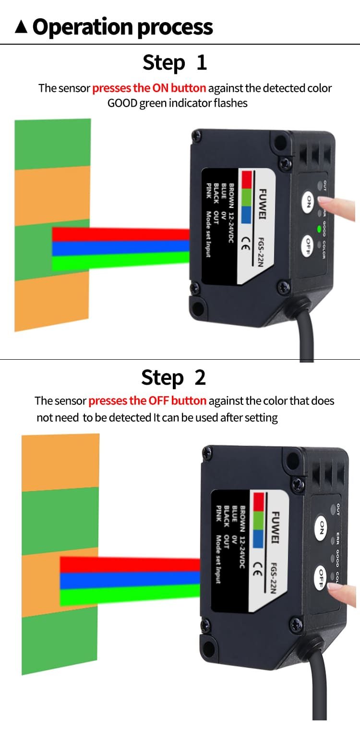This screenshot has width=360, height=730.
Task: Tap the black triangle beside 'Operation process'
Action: (21, 27)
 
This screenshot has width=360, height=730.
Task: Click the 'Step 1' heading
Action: (175, 62)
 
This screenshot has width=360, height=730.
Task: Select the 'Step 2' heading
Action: (173, 377)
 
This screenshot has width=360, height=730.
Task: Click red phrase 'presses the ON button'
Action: (149, 88)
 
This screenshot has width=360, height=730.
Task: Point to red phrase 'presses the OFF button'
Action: (147, 401)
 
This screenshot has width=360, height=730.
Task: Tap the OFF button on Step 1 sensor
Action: (307, 246)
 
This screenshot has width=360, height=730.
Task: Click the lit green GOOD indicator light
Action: (319, 229)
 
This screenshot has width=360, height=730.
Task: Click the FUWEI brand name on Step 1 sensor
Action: (263, 204)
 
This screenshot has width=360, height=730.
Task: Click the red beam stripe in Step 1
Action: (121, 234)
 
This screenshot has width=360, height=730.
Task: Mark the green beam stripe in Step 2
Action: (130, 595)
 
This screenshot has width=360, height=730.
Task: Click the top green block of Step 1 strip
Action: (53, 144)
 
